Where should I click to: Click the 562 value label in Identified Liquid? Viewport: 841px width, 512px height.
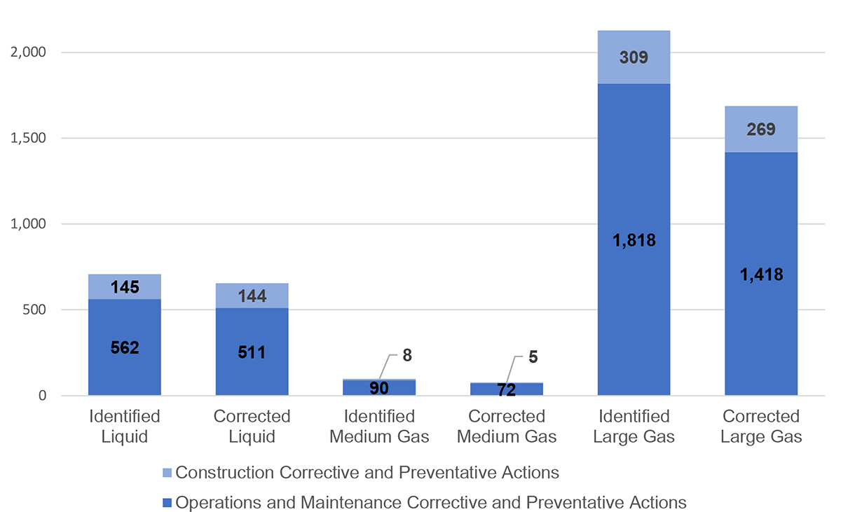pos(125,348)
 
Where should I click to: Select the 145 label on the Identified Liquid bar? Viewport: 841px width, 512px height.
pos(125,286)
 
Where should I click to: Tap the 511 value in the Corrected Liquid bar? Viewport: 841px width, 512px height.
pos(252,352)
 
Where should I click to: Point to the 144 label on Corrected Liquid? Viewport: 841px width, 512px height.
pos(252,296)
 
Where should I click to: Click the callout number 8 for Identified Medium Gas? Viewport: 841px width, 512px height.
pos(407,355)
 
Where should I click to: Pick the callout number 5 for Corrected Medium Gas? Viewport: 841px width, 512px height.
pos(533,358)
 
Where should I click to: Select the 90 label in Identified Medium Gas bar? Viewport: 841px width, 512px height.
pos(379,387)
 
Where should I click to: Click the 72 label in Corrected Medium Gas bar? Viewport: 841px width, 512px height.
pos(507,390)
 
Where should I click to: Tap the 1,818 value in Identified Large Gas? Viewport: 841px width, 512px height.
pos(634,240)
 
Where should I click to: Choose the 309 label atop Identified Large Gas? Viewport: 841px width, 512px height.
pos(634,57)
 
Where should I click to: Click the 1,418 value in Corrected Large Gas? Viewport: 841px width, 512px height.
pos(761,275)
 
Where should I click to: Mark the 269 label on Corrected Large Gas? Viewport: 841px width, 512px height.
pos(761,130)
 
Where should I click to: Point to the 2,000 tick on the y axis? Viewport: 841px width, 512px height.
pos(29,53)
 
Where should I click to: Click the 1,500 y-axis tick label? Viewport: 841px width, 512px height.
pos(29,138)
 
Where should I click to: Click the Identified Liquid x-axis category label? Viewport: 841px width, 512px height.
pos(125,426)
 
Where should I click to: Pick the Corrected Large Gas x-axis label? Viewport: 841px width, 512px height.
pos(761,426)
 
